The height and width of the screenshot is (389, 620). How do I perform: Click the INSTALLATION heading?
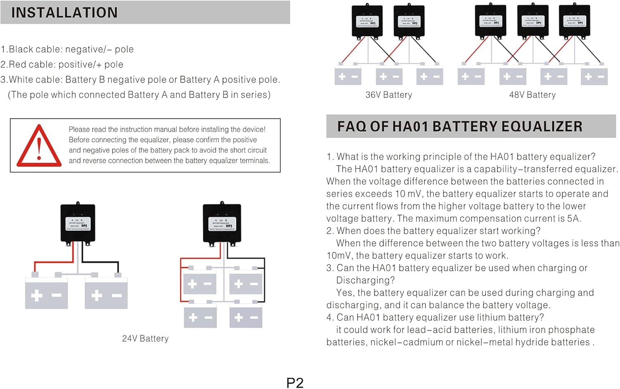[64, 13]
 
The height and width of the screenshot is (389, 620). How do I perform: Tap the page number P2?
[295, 383]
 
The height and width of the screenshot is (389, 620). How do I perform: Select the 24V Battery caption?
[145, 339]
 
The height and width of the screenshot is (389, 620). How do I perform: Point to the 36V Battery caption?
[389, 95]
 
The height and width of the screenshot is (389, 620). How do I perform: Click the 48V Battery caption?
[532, 95]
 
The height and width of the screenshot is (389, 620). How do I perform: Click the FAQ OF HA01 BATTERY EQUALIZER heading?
[460, 126]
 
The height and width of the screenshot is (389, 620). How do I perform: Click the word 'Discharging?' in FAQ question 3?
[365, 280]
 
